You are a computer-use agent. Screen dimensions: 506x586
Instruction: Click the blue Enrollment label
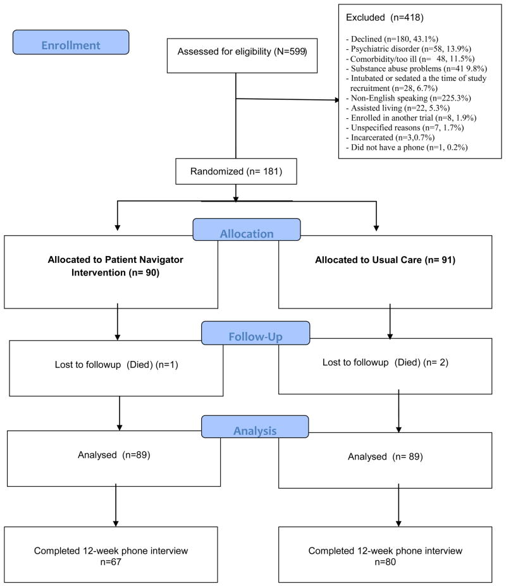pyautogui.click(x=71, y=42)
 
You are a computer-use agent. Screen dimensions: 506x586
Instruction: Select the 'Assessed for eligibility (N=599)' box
pyautogui.click(x=242, y=55)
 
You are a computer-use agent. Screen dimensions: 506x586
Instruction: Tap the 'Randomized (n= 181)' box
pyautogui.click(x=236, y=171)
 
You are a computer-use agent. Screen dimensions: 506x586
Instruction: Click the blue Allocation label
pyautogui.click(x=247, y=229)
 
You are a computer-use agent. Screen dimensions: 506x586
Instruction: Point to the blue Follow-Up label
pyautogui.click(x=256, y=333)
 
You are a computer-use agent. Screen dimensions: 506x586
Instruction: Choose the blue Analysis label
pyautogui.click(x=255, y=427)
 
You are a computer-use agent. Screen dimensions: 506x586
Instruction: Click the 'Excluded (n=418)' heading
pyautogui.click(x=385, y=18)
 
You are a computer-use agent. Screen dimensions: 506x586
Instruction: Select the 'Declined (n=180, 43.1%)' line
pyautogui.click(x=392, y=39)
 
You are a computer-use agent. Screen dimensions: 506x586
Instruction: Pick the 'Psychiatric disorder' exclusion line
pyautogui.click(x=409, y=49)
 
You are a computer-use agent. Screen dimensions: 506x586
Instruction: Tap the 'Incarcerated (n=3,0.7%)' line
pyautogui.click(x=390, y=138)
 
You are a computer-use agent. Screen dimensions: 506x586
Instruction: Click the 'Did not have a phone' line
pyautogui.click(x=407, y=147)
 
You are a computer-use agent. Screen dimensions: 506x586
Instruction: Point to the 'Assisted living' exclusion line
pyautogui.click(x=398, y=108)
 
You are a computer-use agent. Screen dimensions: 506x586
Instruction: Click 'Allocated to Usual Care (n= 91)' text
pyautogui.click(x=385, y=260)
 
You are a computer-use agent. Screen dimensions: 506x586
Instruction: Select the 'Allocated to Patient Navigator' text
pyautogui.click(x=116, y=259)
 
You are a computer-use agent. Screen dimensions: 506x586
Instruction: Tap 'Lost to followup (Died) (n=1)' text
pyautogui.click(x=116, y=364)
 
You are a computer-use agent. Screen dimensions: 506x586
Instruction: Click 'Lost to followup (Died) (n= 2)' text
pyautogui.click(x=385, y=362)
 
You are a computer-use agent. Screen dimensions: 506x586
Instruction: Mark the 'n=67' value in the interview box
pyautogui.click(x=111, y=562)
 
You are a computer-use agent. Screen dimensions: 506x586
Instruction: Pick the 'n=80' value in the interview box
pyautogui.click(x=385, y=562)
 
